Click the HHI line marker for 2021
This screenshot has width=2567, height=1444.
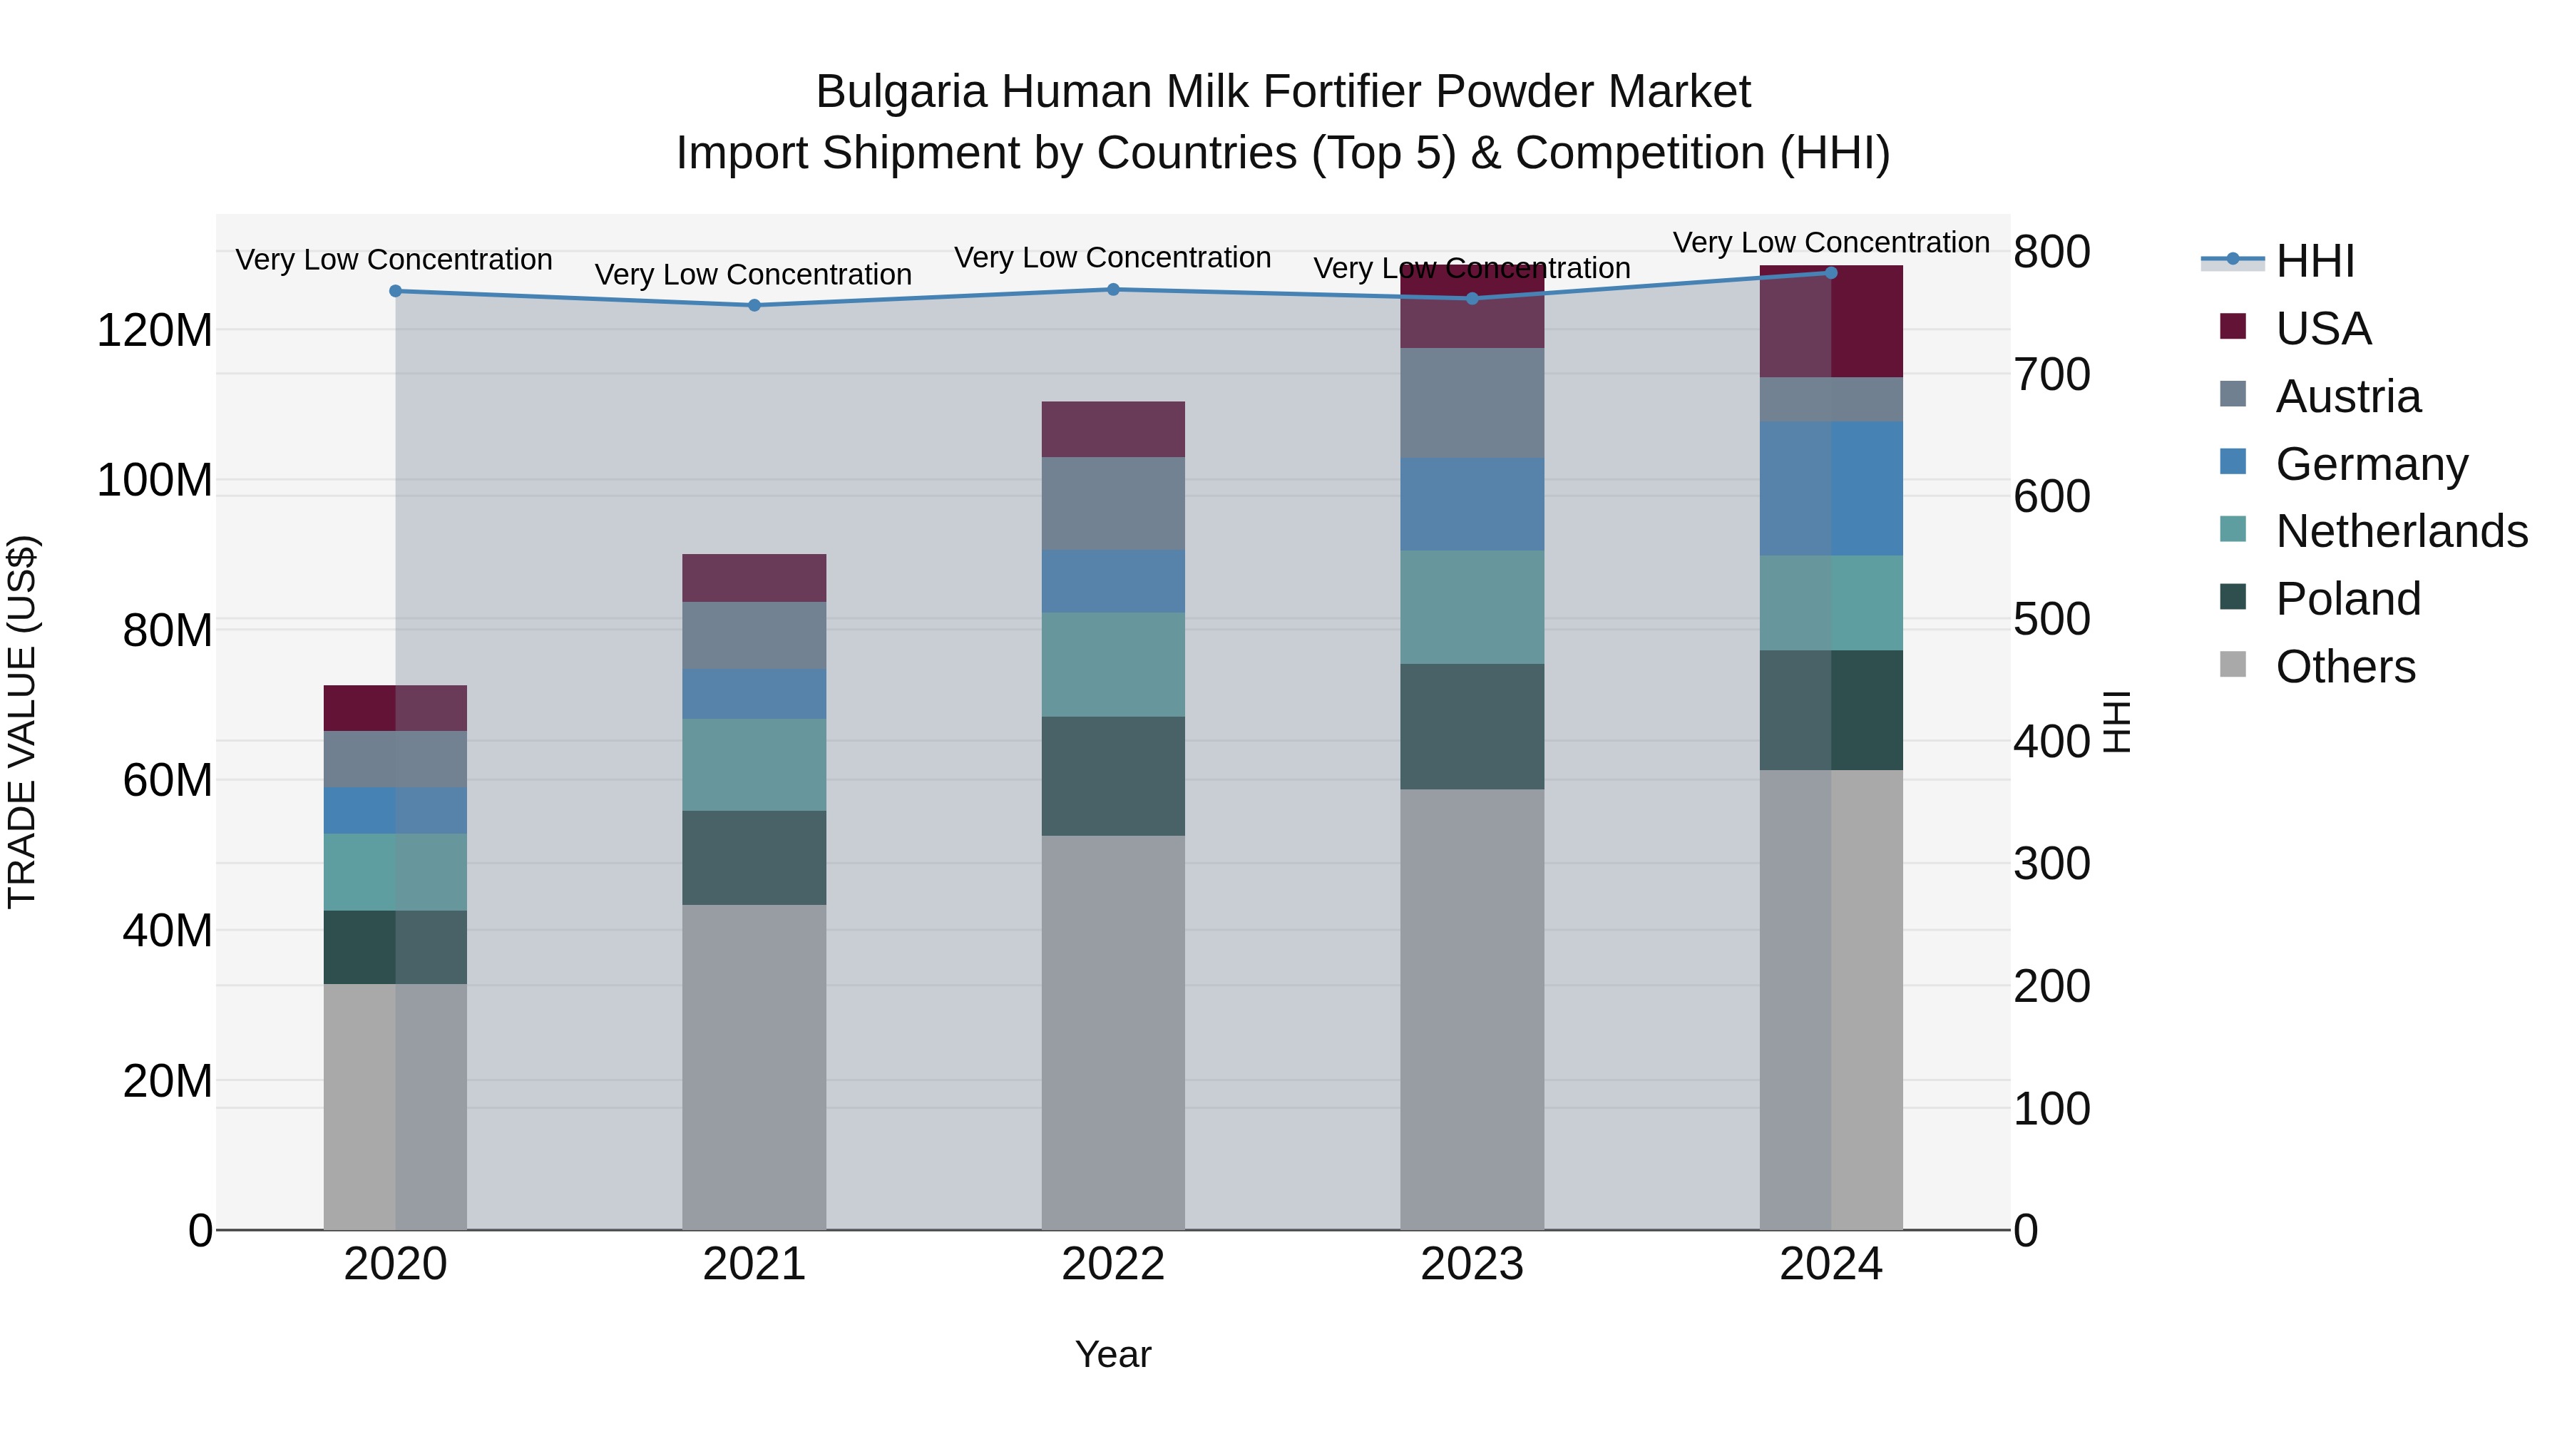[x=754, y=305]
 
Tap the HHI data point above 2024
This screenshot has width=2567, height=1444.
[x=1830, y=273]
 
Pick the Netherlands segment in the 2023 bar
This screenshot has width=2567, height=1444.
[x=1472, y=607]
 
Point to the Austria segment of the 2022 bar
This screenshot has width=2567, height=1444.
[x=1113, y=503]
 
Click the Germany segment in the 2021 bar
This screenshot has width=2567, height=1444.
[x=754, y=694]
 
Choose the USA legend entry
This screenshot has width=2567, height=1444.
[x=2322, y=329]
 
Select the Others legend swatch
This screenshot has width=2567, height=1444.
[x=2233, y=665]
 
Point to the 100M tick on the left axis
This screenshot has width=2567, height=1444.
[x=155, y=481]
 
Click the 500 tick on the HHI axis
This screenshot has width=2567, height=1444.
[x=2051, y=619]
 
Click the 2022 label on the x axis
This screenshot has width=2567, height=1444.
[x=1113, y=1264]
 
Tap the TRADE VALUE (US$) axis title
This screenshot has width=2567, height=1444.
[x=22, y=722]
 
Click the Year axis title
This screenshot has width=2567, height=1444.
[x=1113, y=1354]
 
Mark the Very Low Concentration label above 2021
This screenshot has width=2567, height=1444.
[x=754, y=274]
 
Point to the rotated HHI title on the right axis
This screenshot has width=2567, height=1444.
[x=2116, y=722]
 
